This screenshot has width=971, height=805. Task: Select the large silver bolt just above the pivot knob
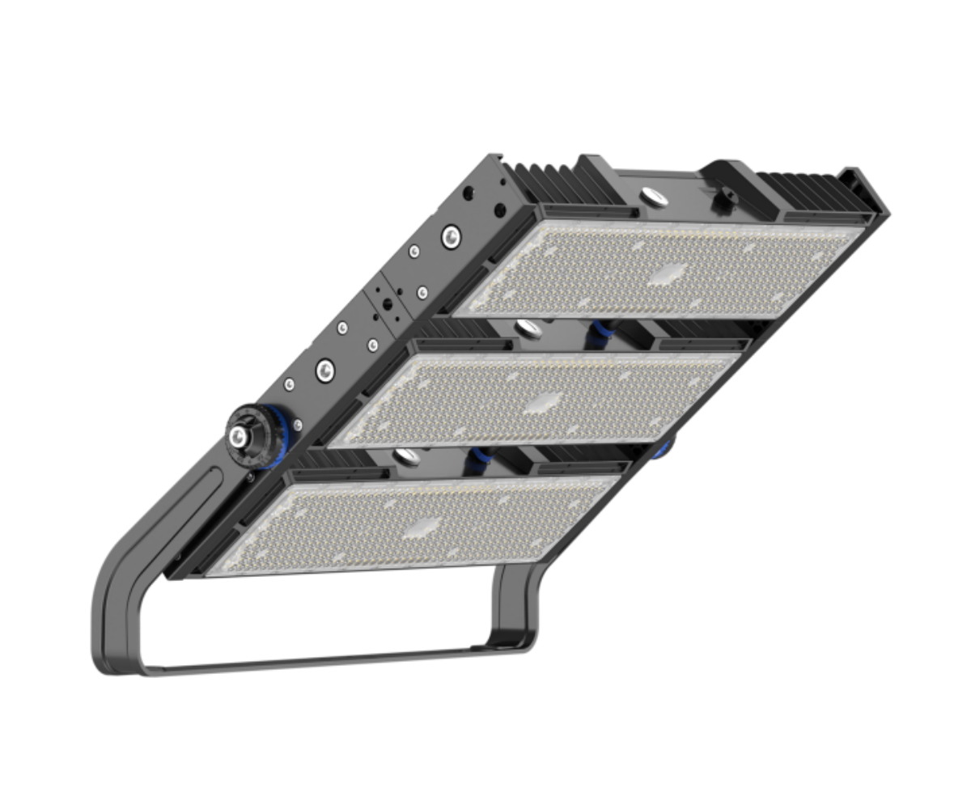click(x=324, y=370)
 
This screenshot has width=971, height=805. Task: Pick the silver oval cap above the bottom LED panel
click(x=407, y=458)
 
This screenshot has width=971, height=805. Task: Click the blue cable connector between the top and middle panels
click(x=600, y=332)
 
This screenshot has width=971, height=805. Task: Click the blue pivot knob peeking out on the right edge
click(x=665, y=447)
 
